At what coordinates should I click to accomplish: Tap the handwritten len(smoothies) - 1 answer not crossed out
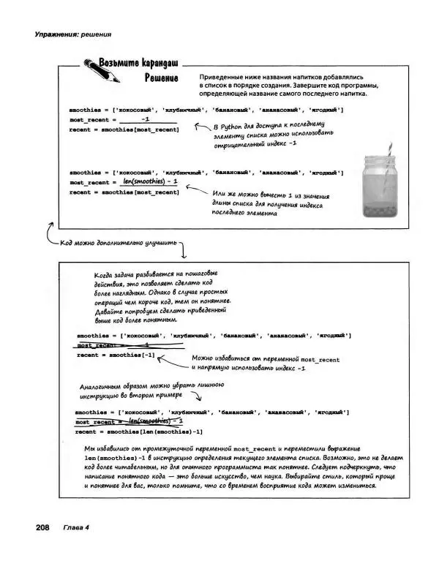click(150, 181)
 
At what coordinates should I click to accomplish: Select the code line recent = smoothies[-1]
click(116, 355)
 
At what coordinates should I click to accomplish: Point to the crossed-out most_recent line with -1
click(117, 344)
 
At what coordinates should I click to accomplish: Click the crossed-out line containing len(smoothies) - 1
click(129, 422)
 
